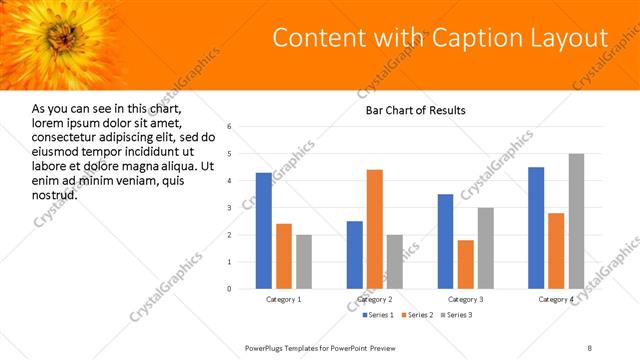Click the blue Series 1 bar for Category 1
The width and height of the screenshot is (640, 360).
tap(263, 231)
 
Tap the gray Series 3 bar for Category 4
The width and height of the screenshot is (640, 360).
tap(576, 221)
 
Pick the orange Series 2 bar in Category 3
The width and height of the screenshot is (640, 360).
tap(465, 264)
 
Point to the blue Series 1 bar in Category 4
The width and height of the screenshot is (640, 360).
tap(536, 228)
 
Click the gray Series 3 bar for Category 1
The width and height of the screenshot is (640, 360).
tap(304, 262)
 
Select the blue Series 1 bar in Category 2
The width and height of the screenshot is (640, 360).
tap(355, 255)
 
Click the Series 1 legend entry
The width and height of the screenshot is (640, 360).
tap(378, 316)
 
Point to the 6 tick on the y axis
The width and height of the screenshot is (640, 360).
tap(229, 127)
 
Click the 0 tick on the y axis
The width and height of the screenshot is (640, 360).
tap(229, 289)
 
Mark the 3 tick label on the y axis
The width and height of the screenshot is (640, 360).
tap(229, 208)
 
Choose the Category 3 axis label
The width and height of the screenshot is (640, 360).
tap(465, 299)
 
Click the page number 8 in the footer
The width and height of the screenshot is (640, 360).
tap(589, 347)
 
